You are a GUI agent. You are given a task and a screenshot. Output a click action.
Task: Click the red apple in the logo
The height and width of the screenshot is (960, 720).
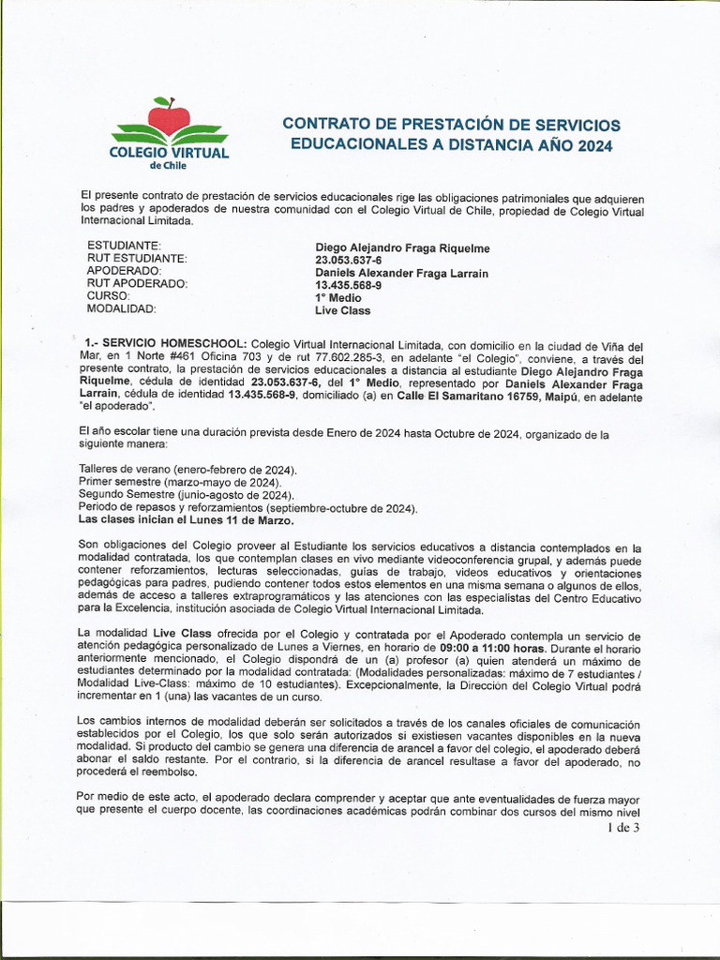[169, 117]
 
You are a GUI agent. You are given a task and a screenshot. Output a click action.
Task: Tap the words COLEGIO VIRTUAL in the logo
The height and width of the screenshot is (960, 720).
[169, 152]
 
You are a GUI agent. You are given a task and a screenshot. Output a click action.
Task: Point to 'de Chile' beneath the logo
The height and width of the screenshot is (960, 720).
[169, 166]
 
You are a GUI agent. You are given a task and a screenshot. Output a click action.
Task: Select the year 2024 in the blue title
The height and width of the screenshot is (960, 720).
[594, 145]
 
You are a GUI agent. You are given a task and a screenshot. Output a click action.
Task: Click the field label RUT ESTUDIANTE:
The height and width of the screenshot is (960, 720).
[137, 259]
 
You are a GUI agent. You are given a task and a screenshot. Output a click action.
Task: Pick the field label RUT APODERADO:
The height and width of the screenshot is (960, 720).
[137, 284]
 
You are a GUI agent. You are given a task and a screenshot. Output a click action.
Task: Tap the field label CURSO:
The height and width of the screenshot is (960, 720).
[108, 296]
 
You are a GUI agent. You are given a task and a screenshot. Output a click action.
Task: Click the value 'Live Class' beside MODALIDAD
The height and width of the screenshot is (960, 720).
[342, 310]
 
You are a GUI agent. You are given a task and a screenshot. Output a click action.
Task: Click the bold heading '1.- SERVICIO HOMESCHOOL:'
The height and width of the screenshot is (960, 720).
[166, 344]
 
